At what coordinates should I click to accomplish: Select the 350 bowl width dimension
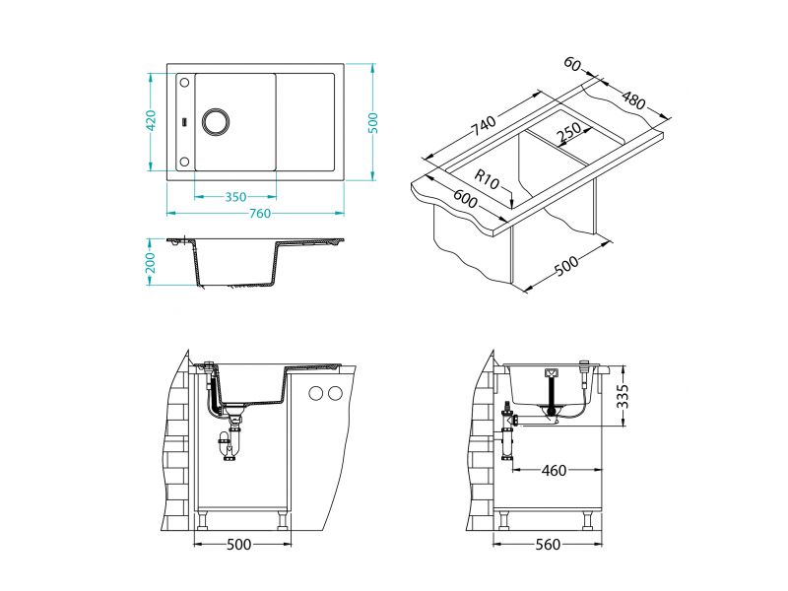pos(235,196)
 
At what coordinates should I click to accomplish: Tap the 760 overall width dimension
pos(259,213)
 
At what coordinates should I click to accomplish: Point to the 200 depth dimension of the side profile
pos(151,262)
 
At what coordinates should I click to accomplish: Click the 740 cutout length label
pos(483,127)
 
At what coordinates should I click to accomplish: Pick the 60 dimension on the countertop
pos(572,65)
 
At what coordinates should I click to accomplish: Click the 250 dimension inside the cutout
pos(567,134)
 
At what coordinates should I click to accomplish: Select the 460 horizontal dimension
pos(554,470)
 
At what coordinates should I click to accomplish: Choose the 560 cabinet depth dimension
pos(551,544)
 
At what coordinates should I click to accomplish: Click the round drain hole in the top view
pos(215,121)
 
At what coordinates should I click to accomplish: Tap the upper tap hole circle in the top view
pos(184,85)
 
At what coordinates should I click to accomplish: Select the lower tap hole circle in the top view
pos(184,160)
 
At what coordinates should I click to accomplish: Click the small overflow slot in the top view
pos(183,121)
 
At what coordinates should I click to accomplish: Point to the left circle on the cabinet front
pos(317,394)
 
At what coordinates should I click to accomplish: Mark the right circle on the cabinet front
pos(335,394)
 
